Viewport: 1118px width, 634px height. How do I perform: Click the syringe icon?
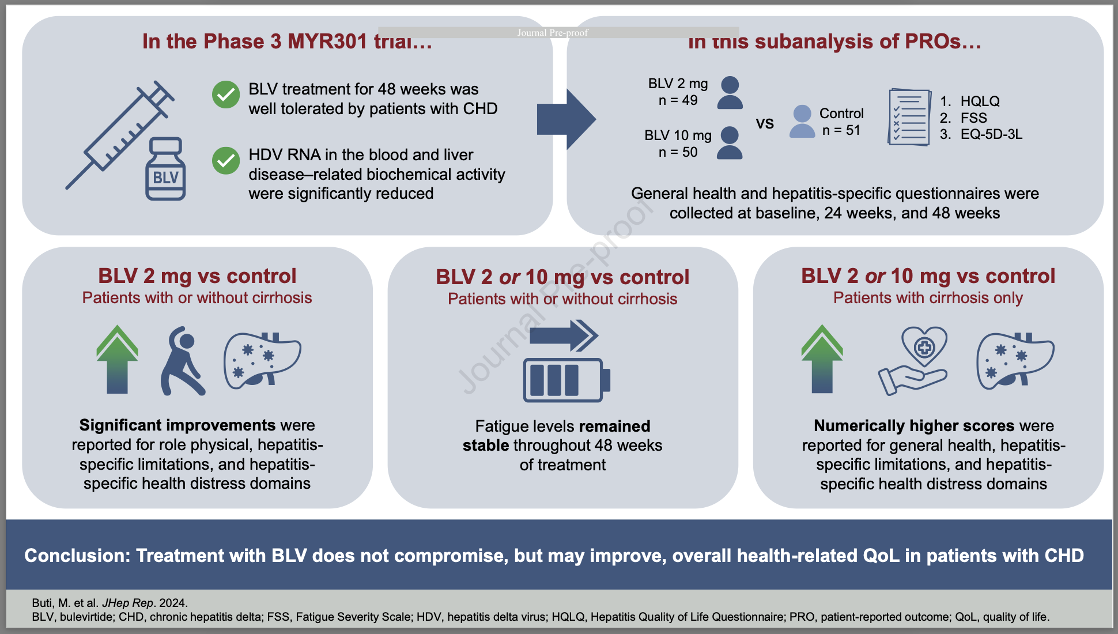pos(121,135)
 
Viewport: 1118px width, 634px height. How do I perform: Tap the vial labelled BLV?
pos(165,169)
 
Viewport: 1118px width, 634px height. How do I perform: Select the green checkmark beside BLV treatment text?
pos(226,95)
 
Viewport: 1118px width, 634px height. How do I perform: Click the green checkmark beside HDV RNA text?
pos(226,161)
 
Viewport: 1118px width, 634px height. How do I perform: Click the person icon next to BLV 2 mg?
pos(730,93)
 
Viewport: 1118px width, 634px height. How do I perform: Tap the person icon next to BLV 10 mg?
pos(730,143)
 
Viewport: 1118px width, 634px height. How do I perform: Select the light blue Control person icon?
pos(802,122)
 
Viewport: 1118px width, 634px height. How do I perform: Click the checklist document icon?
pos(909,117)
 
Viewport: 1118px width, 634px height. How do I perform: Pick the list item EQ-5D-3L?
pos(991,134)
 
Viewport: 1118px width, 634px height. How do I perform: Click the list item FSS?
pos(973,118)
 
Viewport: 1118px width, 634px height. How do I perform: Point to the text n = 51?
pos(841,130)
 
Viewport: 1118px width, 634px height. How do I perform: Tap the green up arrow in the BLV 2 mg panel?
pos(118,360)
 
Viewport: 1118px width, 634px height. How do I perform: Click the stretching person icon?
pos(182,361)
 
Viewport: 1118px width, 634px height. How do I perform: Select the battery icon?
pos(566,380)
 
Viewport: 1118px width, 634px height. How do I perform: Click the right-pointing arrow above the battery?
pos(564,335)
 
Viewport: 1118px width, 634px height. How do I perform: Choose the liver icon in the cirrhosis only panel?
pos(1015,360)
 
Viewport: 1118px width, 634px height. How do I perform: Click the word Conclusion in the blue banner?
pos(77,556)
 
